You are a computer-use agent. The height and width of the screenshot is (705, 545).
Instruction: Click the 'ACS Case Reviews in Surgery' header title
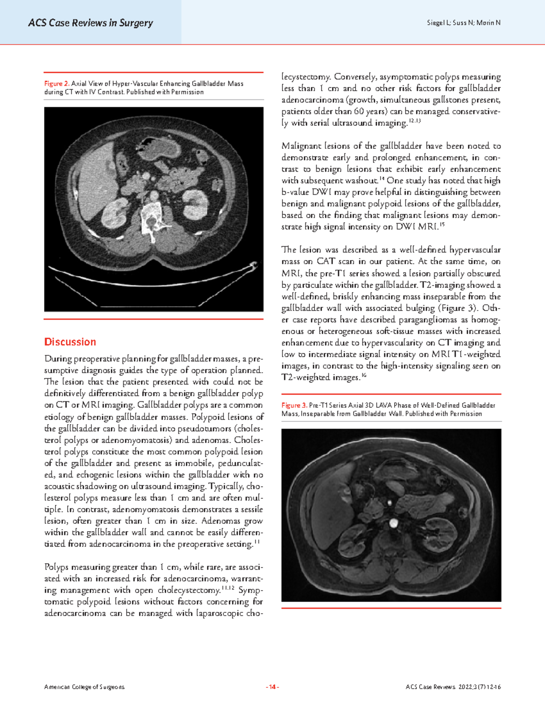tap(90, 23)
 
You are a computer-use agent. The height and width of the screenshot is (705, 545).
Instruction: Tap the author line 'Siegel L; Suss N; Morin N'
tap(463, 23)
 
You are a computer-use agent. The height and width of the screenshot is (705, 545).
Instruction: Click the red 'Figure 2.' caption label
tap(56, 84)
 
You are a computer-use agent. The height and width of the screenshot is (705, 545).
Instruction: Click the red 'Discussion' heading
tap(70, 342)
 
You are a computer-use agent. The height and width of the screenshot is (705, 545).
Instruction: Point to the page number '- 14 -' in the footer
tap(272, 687)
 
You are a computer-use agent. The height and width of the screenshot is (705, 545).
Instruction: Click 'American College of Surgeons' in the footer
tap(84, 687)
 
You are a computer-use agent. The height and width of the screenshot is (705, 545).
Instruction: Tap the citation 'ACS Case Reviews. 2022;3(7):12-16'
tap(453, 687)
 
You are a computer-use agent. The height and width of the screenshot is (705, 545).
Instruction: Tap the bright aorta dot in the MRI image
tap(393, 524)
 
